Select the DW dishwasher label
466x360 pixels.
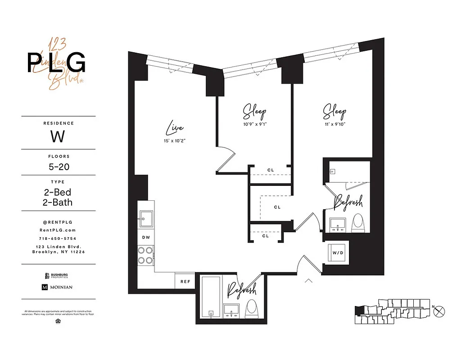click(145, 237)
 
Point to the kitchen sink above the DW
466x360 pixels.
click(145, 220)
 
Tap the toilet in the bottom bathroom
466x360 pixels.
click(251, 309)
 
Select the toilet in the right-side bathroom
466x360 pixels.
click(358, 222)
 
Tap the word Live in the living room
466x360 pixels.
click(175, 129)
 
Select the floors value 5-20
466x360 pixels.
click(58, 166)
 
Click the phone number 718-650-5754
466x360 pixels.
click(58, 238)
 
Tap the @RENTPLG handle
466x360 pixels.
click(58, 222)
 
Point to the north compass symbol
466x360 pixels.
click(441, 310)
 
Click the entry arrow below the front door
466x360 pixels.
click(309, 281)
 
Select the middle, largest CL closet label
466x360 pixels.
click(277, 207)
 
